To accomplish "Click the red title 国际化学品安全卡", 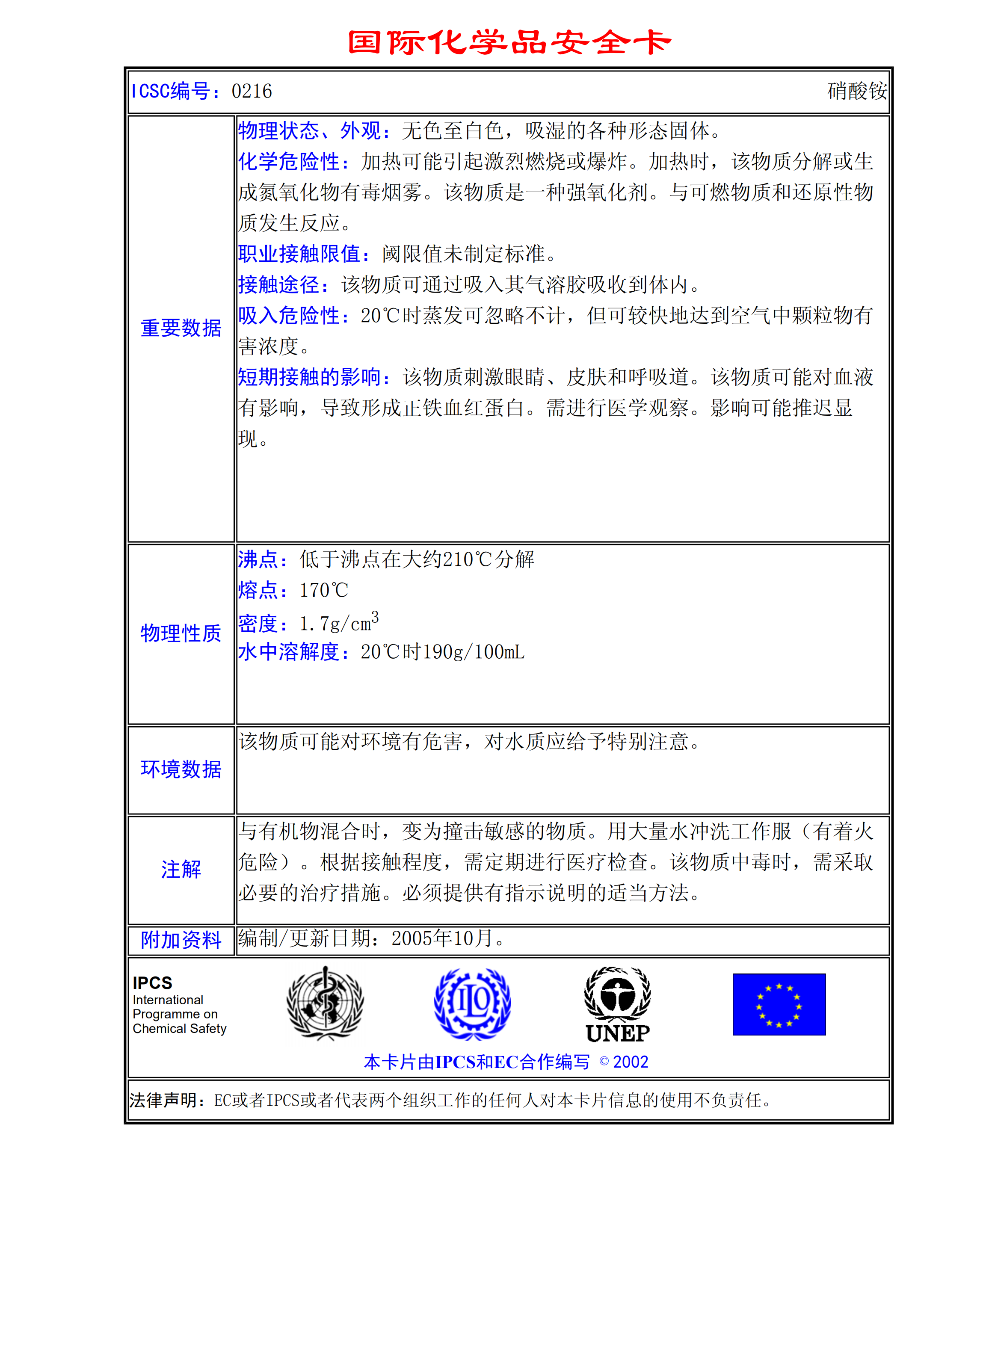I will (509, 42).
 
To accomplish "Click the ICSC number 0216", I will (252, 91).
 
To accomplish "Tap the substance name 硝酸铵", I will (856, 91).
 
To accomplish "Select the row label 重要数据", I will (181, 328).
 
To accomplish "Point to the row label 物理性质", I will (181, 633).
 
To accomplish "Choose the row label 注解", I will (181, 869).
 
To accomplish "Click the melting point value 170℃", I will (324, 590).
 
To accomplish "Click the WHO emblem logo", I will (325, 1003).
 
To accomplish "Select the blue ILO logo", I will (473, 1003).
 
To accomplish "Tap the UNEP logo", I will (618, 1005).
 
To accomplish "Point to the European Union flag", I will (779, 1004).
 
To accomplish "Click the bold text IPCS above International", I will (152, 983).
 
